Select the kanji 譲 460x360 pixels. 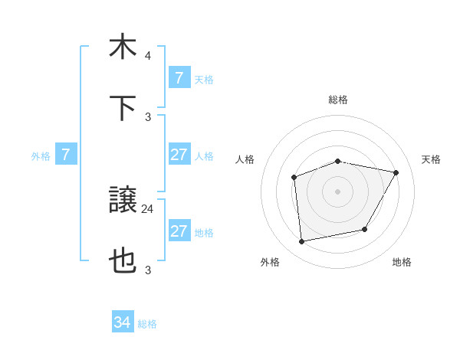coord(123,201)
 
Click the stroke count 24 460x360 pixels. coord(148,208)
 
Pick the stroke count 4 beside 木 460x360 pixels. coord(148,56)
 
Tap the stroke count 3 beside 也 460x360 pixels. coord(148,270)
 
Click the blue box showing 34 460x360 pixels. coord(123,322)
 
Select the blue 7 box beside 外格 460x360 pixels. coord(66,155)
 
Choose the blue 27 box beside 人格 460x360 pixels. coord(179,155)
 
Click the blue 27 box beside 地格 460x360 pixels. coord(179,231)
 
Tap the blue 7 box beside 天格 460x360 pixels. coord(179,78)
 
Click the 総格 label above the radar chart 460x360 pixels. coord(338,100)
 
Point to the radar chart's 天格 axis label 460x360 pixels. coord(431,159)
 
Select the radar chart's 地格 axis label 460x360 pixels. coord(402,262)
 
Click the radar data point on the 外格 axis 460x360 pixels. coord(302,242)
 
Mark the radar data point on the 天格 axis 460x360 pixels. coord(396,173)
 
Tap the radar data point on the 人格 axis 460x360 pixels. coord(294,178)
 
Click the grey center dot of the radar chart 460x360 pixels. coord(337,191)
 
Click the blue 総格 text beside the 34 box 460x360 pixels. coord(147,324)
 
